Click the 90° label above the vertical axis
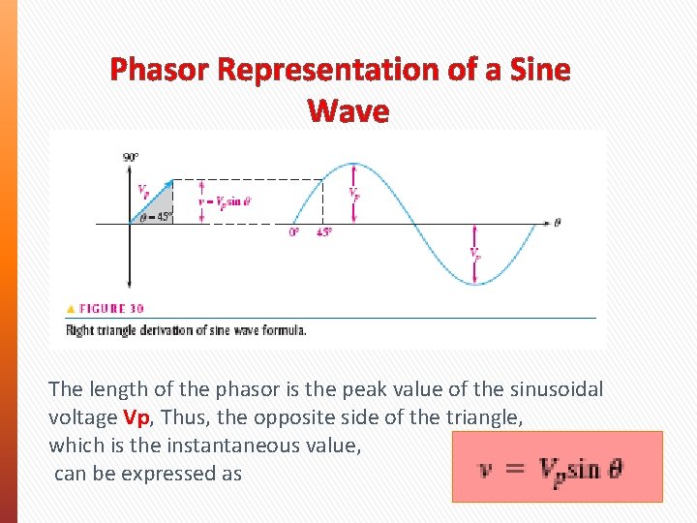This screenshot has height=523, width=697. pos(130,157)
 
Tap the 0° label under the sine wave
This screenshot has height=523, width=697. pos(293,232)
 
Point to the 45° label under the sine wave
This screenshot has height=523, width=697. pos(323,232)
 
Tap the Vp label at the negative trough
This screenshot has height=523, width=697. pos(474,254)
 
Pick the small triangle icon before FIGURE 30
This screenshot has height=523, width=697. pos(70,308)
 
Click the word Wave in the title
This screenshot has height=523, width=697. pos(348,111)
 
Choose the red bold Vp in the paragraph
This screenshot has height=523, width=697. pos(136,417)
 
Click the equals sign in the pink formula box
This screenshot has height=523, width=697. pos(515,468)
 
